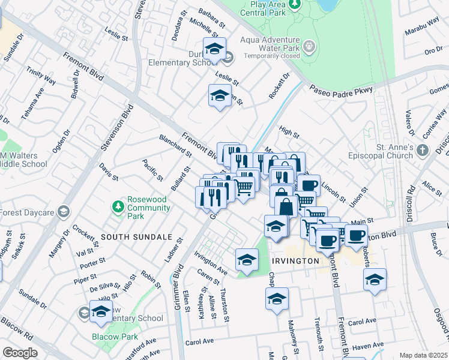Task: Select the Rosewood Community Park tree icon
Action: (118, 206)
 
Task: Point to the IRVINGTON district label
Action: (295, 261)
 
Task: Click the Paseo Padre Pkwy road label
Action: (342, 89)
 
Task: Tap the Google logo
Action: (20, 353)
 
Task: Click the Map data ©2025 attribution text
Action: (423, 355)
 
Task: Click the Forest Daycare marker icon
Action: (63, 211)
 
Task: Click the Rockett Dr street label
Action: (279, 85)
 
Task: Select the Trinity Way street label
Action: (41, 76)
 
